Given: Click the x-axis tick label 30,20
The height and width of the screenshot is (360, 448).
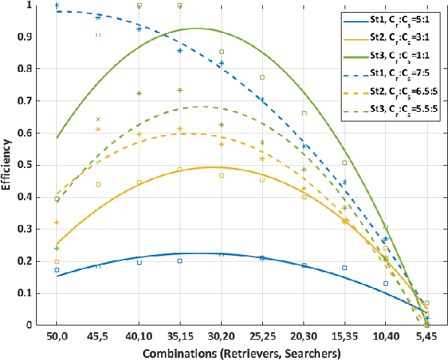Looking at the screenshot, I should (221, 335).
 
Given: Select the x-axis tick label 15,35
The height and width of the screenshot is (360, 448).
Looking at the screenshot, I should (344, 335).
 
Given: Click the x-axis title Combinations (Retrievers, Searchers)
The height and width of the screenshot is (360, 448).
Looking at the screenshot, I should (241, 351).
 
